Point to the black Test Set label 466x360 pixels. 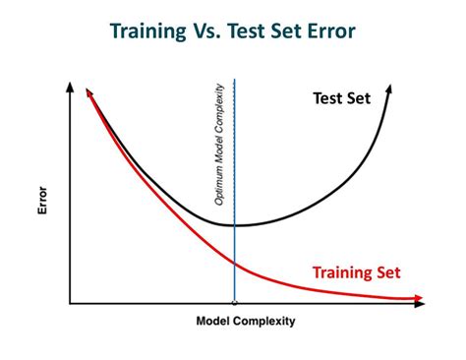point(341,98)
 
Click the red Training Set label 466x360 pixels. point(356,272)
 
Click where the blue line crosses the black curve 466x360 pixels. point(234,225)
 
